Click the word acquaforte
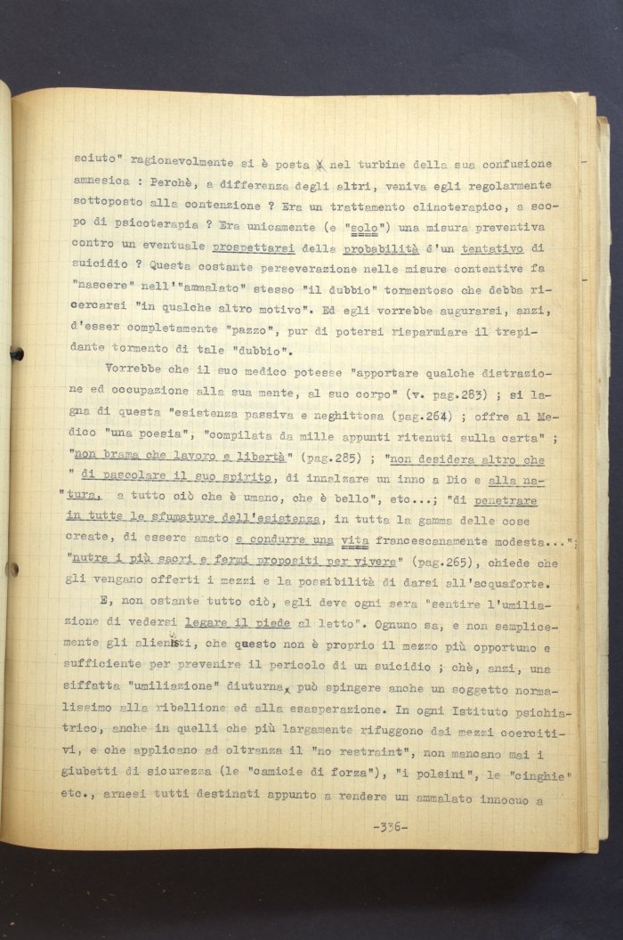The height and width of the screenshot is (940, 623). pyautogui.click(x=514, y=585)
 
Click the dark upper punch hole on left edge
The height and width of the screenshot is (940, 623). pyautogui.click(x=16, y=352)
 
